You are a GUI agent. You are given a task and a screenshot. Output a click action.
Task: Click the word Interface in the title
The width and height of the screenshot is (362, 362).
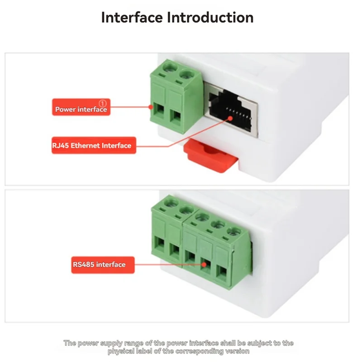[132, 17]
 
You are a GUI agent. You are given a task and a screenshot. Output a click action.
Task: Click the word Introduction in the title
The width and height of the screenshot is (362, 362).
[210, 17]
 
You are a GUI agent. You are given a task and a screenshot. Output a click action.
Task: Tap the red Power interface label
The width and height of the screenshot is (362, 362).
[81, 107]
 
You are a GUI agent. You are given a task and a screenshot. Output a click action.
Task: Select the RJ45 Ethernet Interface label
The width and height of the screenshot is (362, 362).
[94, 145]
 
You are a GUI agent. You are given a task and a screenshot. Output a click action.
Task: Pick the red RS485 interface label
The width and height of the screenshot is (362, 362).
[103, 265]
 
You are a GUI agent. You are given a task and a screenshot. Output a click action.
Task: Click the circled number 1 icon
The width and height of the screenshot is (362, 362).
[103, 104]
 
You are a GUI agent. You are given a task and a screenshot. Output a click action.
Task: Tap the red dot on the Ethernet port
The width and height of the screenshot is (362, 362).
[230, 119]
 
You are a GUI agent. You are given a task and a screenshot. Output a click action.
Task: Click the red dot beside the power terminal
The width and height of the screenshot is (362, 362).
[151, 107]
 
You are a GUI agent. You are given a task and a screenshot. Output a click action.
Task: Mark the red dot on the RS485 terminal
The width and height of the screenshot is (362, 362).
[204, 265]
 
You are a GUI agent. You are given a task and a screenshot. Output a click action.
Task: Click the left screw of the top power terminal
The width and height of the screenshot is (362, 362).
[170, 67]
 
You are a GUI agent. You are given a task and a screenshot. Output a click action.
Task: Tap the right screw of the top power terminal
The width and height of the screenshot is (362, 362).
[186, 75]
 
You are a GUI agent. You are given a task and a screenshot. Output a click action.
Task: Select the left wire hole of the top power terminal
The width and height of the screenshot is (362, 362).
[159, 110]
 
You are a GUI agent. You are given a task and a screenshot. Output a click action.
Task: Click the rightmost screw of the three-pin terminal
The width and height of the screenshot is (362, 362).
[234, 232]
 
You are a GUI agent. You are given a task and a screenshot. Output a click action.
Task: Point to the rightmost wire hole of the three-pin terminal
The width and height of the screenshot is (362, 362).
[222, 274]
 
